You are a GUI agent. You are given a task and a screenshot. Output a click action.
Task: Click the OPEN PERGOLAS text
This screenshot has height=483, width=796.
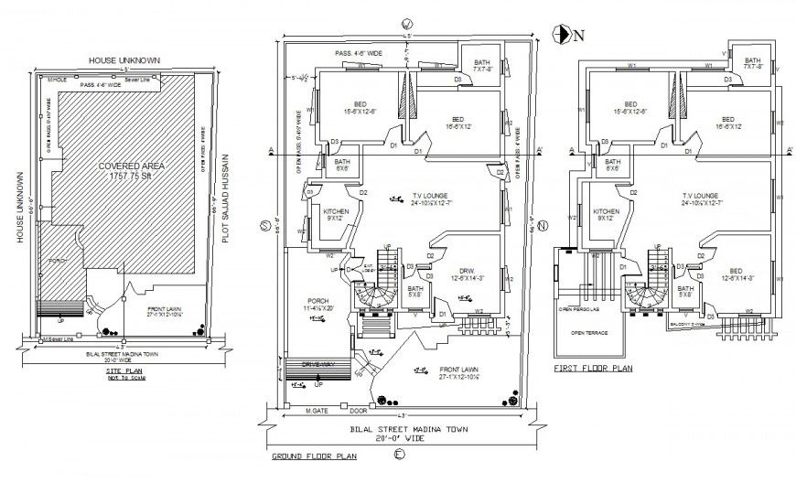577,309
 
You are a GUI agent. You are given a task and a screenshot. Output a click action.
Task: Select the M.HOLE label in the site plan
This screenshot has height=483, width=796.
59,80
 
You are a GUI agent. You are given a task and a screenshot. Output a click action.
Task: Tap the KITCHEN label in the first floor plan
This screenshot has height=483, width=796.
606,213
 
